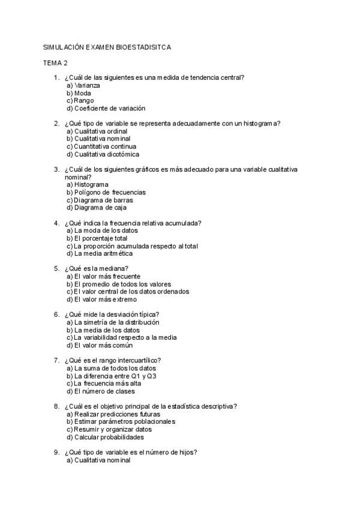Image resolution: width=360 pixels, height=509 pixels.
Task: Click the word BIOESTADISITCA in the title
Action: [142, 47]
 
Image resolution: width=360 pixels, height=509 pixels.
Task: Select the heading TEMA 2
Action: [55, 62]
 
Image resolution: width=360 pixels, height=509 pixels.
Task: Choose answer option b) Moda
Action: [79, 93]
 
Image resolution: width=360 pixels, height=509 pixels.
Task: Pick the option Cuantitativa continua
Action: [101, 146]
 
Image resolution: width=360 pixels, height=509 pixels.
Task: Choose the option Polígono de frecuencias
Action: [107, 193]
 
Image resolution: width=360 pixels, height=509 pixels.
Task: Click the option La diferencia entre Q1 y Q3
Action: [107, 376]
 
